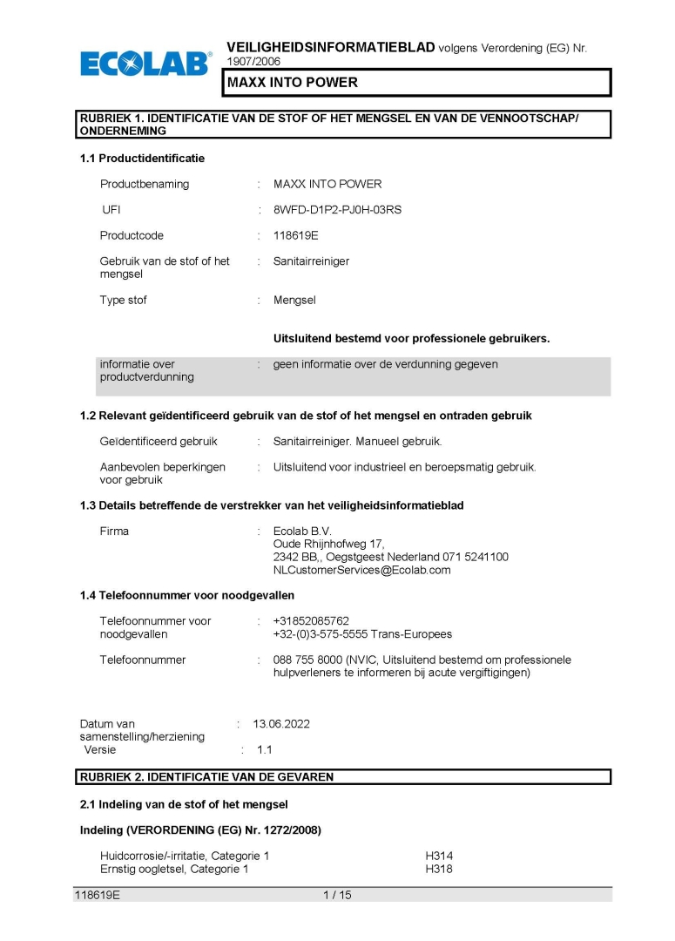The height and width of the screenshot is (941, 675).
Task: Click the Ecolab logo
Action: [x=145, y=63]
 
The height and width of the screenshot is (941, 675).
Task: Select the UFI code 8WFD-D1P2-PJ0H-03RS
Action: [x=337, y=210]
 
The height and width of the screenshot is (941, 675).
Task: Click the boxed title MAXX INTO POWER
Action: [x=293, y=83]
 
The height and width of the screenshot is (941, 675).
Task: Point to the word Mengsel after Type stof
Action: [x=294, y=300]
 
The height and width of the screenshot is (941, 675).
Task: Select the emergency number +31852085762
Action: [x=311, y=621]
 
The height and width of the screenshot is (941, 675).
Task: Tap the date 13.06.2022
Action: [x=281, y=724]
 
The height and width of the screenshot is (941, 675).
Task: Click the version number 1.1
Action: [x=264, y=749]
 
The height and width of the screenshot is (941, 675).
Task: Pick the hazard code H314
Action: [x=439, y=856]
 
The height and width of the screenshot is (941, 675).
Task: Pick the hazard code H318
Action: [x=439, y=869]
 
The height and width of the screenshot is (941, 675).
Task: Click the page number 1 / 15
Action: [x=337, y=895]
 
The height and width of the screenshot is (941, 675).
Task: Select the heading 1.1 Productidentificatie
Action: [x=142, y=159]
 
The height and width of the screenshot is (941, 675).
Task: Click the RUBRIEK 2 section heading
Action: [x=206, y=776]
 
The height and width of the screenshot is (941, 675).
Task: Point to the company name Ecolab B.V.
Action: [x=302, y=531]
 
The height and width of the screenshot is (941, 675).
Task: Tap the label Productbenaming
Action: [x=145, y=184]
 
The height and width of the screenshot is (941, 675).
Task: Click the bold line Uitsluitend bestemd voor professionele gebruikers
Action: [x=411, y=338]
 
